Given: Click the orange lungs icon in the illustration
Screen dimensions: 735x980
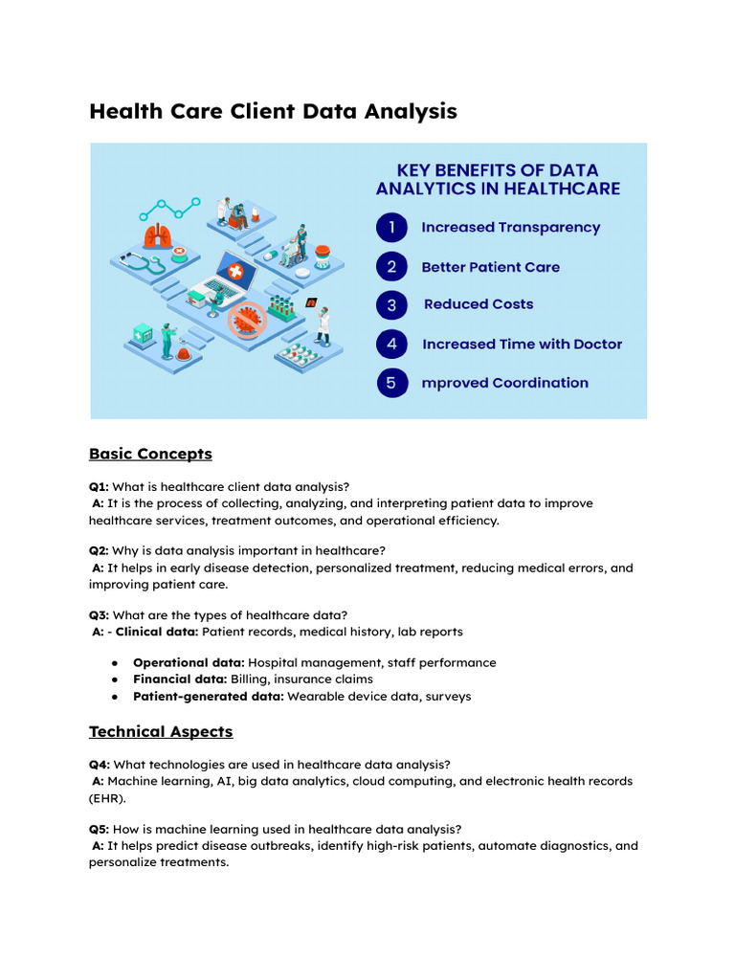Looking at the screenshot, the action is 157,235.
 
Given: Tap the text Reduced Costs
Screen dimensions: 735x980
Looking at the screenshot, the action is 479,304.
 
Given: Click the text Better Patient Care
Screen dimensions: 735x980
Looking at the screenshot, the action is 490,267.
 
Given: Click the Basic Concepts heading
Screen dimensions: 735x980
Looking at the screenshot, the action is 150,453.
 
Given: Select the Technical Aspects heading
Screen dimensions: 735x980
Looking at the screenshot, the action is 161,731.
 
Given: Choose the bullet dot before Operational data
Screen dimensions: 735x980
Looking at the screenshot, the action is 115,662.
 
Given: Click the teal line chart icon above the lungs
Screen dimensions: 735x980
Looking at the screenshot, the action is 169,208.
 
